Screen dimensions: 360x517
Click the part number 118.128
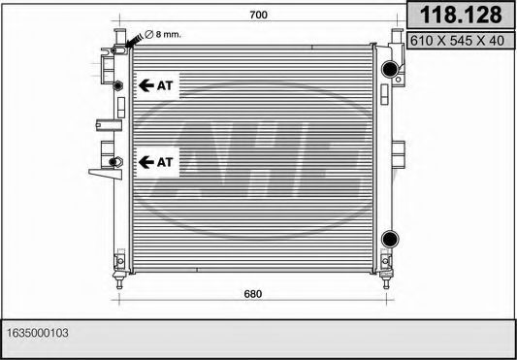[x=459, y=15]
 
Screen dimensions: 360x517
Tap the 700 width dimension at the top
[x=257, y=15]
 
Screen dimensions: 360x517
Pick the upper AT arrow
[x=145, y=85]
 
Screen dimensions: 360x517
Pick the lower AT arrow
[x=145, y=161]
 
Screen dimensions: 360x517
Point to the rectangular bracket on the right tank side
[x=400, y=152]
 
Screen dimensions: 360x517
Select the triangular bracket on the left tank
[x=97, y=172]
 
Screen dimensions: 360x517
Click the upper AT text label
[x=165, y=85]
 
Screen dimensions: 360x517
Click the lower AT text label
[x=165, y=161]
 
